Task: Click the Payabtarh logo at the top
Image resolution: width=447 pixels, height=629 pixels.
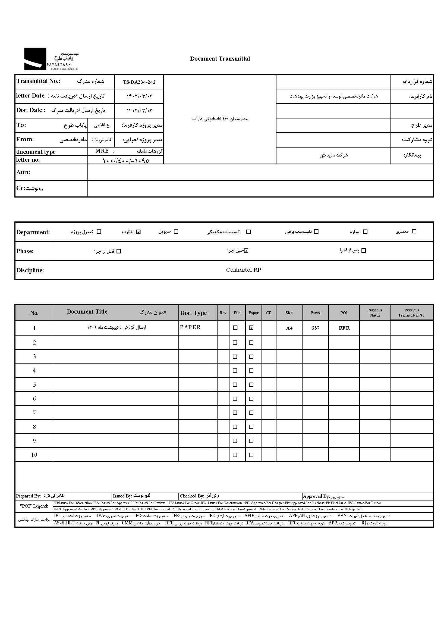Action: click(x=51, y=59)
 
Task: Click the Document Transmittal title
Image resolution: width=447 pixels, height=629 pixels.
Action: click(x=220, y=59)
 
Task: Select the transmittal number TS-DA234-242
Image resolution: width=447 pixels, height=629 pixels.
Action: click(x=139, y=82)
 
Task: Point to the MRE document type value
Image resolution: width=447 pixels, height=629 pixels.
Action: click(x=102, y=151)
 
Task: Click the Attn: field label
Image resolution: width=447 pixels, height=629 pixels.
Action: click(x=23, y=172)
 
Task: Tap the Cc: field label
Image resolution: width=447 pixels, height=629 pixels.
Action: click(x=29, y=188)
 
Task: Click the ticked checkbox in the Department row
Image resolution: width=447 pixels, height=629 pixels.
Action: click(x=138, y=231)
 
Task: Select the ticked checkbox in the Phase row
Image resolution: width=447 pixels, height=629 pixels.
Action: click(x=246, y=251)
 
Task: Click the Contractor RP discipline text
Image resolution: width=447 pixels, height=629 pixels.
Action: click(x=243, y=270)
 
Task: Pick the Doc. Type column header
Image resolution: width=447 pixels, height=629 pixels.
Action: click(x=194, y=313)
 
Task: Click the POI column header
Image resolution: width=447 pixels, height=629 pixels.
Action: click(x=344, y=313)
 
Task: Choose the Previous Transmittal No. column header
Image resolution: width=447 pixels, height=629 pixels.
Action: click(x=411, y=312)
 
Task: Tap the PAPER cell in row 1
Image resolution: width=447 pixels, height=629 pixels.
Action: click(x=190, y=327)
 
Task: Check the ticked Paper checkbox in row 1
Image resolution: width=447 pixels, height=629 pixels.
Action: click(x=251, y=328)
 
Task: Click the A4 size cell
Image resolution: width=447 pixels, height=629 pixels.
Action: click(x=289, y=328)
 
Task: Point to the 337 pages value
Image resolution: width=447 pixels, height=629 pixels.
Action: click(x=316, y=328)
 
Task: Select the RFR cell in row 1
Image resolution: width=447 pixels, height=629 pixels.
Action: click(x=344, y=328)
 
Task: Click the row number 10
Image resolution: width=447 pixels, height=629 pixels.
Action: click(x=34, y=455)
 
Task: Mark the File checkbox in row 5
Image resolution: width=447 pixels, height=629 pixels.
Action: click(x=235, y=385)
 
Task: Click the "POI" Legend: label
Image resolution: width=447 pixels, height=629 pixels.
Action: click(x=34, y=506)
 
